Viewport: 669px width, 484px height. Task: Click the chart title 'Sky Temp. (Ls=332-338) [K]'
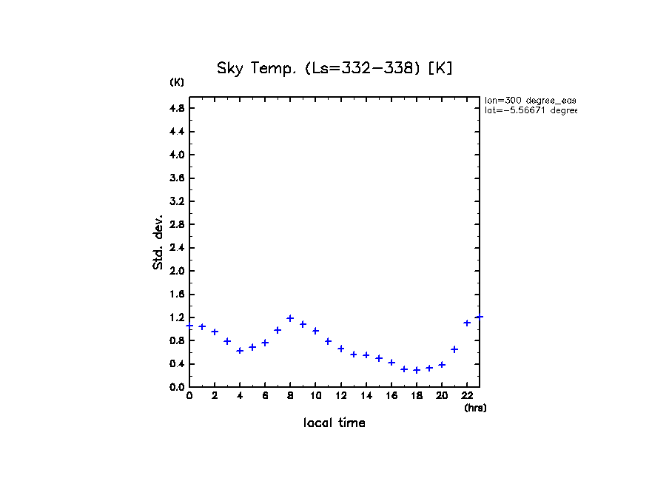[x=334, y=68]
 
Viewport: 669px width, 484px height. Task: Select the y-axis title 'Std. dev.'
[x=158, y=242]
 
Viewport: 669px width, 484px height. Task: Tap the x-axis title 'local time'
[x=334, y=423]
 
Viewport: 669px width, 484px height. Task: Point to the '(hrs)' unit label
[x=475, y=408]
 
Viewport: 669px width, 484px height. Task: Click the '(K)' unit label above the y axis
[x=177, y=82]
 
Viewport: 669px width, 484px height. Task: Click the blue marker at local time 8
[x=290, y=318]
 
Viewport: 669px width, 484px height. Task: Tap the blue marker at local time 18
[x=417, y=370]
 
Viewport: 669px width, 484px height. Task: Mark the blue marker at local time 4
[x=240, y=350]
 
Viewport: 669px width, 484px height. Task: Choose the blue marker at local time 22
[x=467, y=323]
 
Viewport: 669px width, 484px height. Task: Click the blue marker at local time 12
[x=341, y=349]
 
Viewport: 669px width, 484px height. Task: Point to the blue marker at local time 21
[x=454, y=349]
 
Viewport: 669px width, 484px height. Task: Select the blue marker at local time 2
[x=215, y=332]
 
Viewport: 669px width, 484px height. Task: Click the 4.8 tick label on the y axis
[x=176, y=108]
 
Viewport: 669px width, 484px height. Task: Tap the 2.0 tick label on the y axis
[x=176, y=271]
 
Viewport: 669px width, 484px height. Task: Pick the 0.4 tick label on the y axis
[x=176, y=363]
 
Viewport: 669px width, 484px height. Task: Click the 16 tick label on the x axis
[x=391, y=396]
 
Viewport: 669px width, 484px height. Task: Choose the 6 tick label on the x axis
[x=265, y=396]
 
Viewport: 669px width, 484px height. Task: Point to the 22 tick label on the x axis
[x=467, y=396]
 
